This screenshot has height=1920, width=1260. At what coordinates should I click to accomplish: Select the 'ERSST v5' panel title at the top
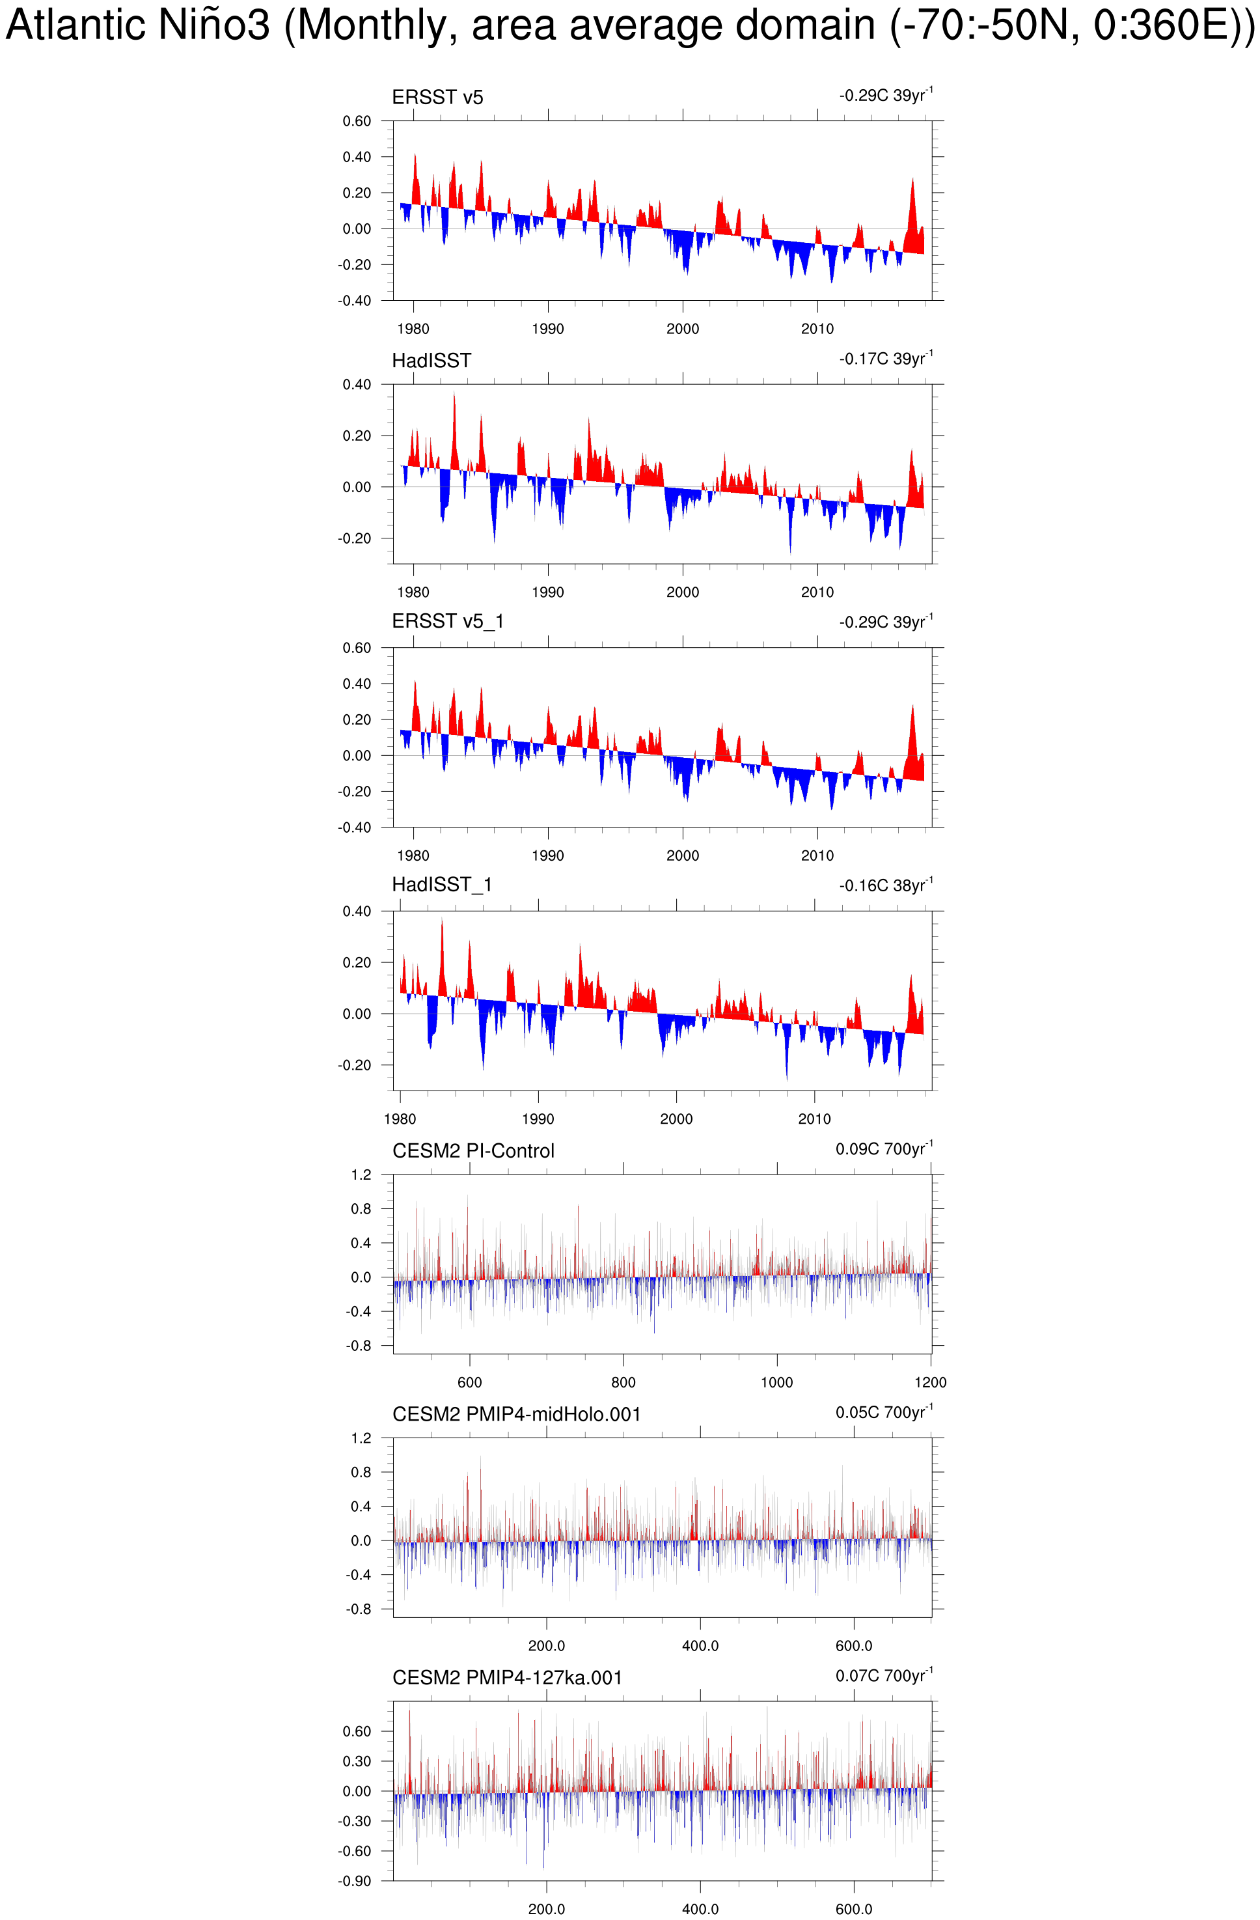click(437, 98)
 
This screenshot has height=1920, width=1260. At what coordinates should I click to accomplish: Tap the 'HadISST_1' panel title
click(441, 885)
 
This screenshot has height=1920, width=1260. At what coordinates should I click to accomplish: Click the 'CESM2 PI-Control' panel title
click(474, 1150)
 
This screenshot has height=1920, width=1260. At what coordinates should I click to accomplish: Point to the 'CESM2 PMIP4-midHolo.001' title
click(516, 1414)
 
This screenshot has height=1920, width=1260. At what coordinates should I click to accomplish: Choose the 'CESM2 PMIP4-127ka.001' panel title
click(508, 1678)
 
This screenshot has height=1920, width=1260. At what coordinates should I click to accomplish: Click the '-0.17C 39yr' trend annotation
click(885, 359)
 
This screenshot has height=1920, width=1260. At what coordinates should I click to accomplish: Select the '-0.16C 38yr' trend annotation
click(885, 886)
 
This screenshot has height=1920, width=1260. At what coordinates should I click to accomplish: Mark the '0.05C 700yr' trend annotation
click(883, 1413)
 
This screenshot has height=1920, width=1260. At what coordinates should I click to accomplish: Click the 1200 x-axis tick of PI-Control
click(930, 1383)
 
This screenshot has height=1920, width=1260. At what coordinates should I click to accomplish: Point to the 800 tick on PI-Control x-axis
click(623, 1383)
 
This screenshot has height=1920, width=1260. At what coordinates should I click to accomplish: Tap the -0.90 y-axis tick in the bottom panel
click(354, 1880)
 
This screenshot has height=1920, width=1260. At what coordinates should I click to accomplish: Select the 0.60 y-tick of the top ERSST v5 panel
click(357, 121)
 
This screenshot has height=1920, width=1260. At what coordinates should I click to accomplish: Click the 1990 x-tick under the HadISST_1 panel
click(538, 1119)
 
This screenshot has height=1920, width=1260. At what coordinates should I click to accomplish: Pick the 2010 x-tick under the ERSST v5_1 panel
click(817, 856)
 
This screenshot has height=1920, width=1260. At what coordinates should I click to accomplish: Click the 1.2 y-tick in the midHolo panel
click(361, 1438)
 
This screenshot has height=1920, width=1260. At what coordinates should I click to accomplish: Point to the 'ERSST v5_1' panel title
click(448, 621)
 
